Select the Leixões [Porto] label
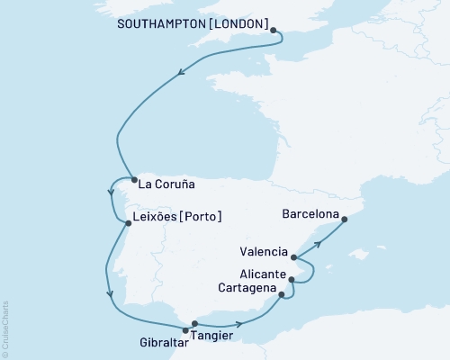click(177, 217)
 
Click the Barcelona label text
click(310, 215)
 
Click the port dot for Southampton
click(274, 31)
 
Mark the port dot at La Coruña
click(134, 180)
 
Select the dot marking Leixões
click(127, 223)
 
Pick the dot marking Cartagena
click(282, 294)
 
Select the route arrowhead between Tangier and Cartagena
click(238, 325)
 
